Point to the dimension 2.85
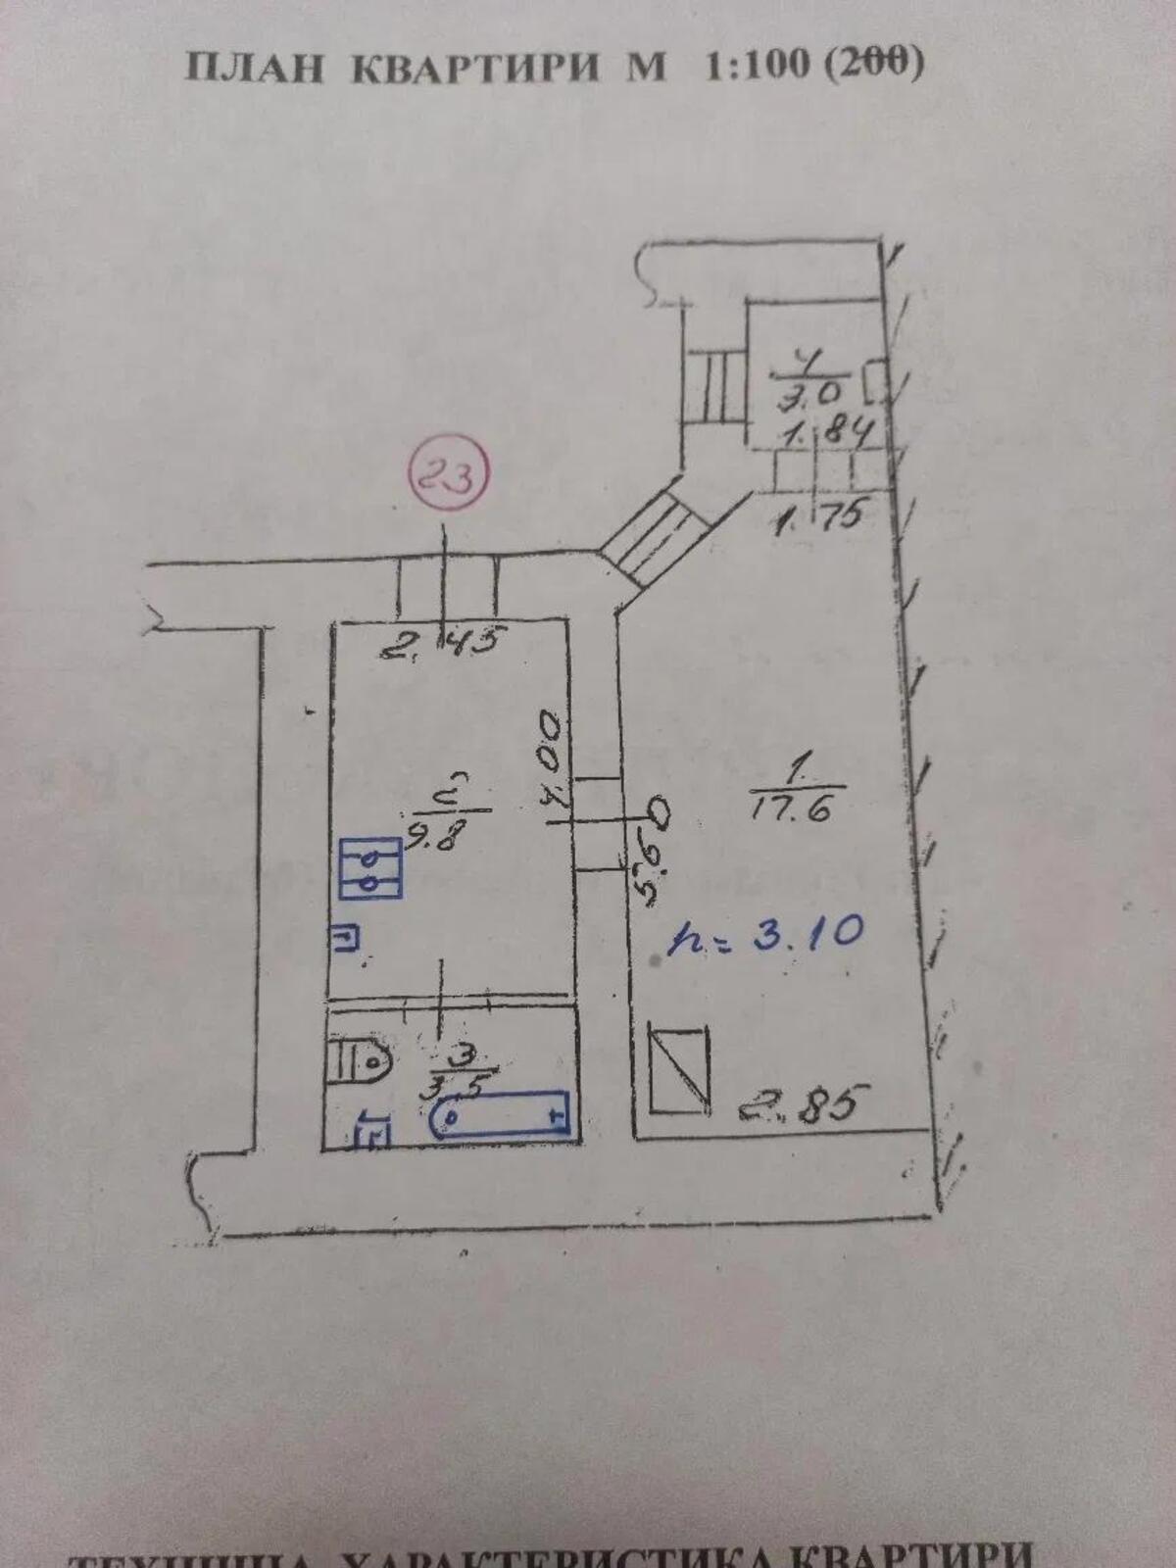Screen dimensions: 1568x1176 [803, 1109]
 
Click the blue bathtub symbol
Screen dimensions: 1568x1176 [501, 1114]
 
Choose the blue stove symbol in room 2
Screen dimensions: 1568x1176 [369, 868]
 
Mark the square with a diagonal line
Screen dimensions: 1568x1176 [678, 1070]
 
